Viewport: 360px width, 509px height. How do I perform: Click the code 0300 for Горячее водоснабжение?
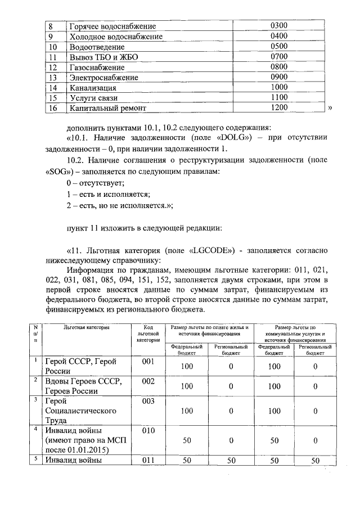click(x=279, y=26)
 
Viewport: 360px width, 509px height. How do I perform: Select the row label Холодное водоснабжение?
click(x=115, y=37)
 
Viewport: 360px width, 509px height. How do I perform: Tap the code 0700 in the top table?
click(x=279, y=57)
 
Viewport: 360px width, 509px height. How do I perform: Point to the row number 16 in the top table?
click(x=53, y=108)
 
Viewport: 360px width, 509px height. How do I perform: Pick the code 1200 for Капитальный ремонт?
click(x=279, y=107)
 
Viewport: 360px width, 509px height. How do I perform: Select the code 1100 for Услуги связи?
click(x=279, y=97)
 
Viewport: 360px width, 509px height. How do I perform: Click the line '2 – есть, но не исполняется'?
click(x=119, y=206)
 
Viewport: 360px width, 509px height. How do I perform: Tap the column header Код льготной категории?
click(x=148, y=333)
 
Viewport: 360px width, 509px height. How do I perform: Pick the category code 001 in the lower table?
click(x=148, y=362)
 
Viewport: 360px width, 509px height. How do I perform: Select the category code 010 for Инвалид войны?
click(x=148, y=431)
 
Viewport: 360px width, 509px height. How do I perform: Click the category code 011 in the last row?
click(x=148, y=461)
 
